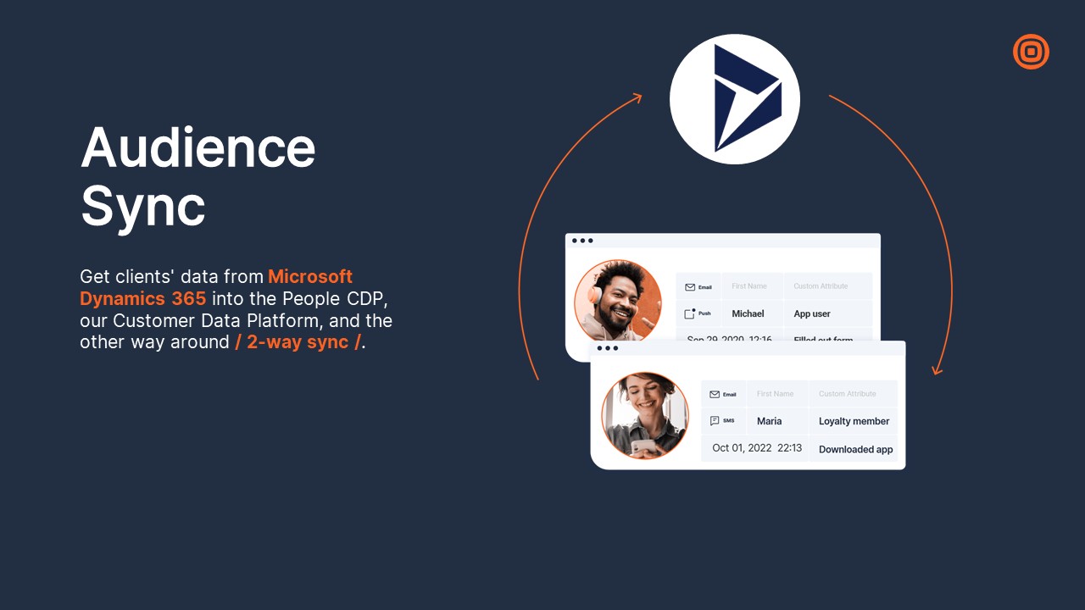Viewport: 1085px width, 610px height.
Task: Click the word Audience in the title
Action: pyautogui.click(x=198, y=147)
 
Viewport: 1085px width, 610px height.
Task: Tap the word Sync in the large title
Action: pyautogui.click(x=142, y=205)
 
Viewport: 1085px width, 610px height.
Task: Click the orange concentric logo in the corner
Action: pyautogui.click(x=1031, y=52)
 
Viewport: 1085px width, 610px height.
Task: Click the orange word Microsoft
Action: pyautogui.click(x=310, y=277)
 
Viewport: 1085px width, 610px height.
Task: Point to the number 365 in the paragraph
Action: pyautogui.click(x=183, y=299)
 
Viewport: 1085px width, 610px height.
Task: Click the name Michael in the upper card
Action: pyautogui.click(x=748, y=313)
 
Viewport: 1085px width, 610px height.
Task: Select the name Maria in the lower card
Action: pyautogui.click(x=769, y=421)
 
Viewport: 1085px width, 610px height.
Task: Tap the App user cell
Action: pyautogui.click(x=811, y=313)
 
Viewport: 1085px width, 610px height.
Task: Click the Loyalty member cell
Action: pyautogui.click(x=854, y=421)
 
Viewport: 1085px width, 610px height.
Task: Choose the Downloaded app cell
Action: pyautogui.click(x=855, y=449)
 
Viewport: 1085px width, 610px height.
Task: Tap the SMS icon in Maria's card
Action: pyautogui.click(x=715, y=420)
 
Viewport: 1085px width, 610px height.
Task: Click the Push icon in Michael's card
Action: pyautogui.click(x=690, y=313)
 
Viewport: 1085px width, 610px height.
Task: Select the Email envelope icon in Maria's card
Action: pyautogui.click(x=715, y=394)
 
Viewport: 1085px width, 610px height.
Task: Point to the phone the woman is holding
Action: pyautogui.click(x=643, y=445)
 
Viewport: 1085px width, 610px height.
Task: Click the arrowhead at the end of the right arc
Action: pyautogui.click(x=937, y=369)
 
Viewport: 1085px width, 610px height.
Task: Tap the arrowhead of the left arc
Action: pyautogui.click(x=637, y=98)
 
